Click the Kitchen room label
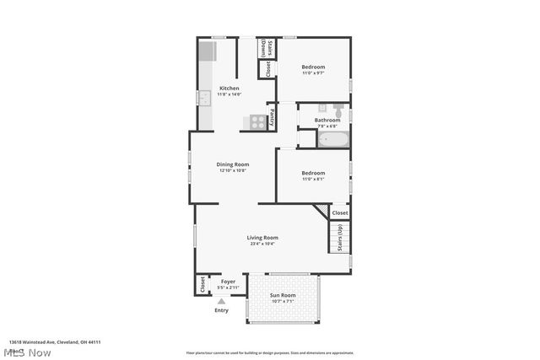(x=229, y=89)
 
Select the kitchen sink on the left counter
(x=204, y=98)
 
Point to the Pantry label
(x=272, y=116)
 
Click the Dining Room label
(x=232, y=164)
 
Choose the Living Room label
(x=262, y=238)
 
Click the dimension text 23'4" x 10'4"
(x=262, y=244)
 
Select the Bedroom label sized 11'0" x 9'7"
(x=313, y=67)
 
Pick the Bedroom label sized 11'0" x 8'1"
(x=313, y=173)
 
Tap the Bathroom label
(x=327, y=120)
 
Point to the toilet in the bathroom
(x=337, y=110)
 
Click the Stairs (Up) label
(x=339, y=238)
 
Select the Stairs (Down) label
(x=263, y=47)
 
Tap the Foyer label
(x=228, y=282)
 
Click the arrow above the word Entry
(x=221, y=301)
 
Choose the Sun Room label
(x=283, y=295)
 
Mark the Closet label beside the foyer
(x=202, y=285)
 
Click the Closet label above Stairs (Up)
(x=339, y=212)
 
